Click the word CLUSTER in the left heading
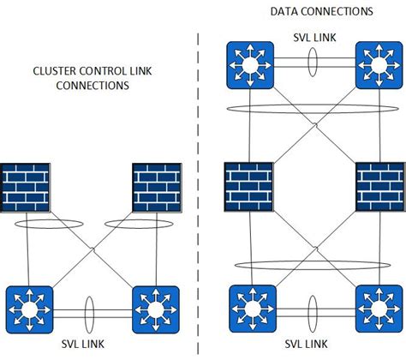(x=55, y=72)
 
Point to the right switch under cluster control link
(x=155, y=309)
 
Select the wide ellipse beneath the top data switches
(x=313, y=108)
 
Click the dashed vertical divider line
(x=199, y=171)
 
